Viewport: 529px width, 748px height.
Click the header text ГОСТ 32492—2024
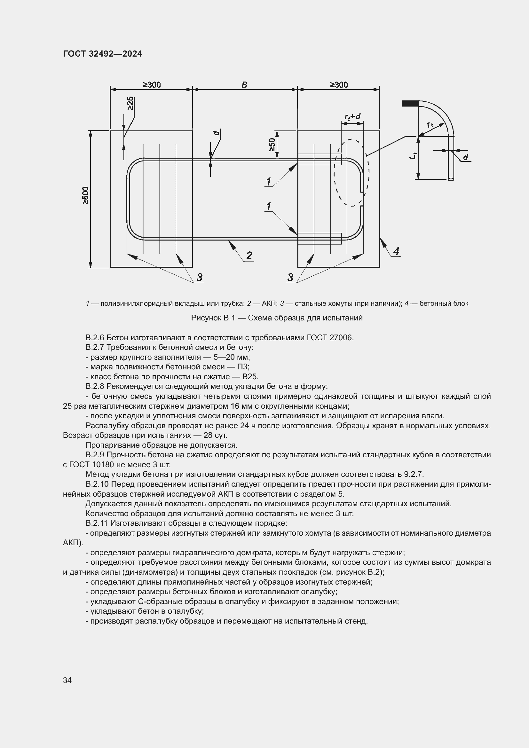tap(102, 54)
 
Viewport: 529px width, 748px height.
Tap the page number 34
tap(67, 680)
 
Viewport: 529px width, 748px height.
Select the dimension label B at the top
tap(244, 85)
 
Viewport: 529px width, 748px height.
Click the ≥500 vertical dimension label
tap(85, 195)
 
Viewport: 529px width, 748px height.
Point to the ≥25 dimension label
tap(130, 103)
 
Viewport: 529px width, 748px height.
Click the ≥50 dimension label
tap(272, 144)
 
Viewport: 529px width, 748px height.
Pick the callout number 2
tap(249, 256)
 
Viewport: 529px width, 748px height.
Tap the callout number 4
tap(396, 251)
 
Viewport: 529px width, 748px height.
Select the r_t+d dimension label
tap(352, 117)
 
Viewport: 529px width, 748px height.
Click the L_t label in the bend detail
tap(413, 156)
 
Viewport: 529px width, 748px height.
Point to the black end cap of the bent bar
tap(410, 104)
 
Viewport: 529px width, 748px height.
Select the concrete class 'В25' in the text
tap(250, 377)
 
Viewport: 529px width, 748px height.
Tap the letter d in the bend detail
tap(465, 157)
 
